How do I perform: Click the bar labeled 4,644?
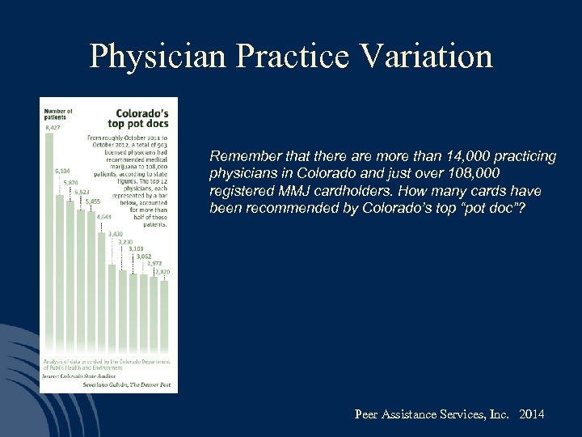point(102,291)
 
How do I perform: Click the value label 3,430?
point(117,233)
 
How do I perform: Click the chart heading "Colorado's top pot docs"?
point(141,119)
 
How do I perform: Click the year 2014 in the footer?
point(532,414)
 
